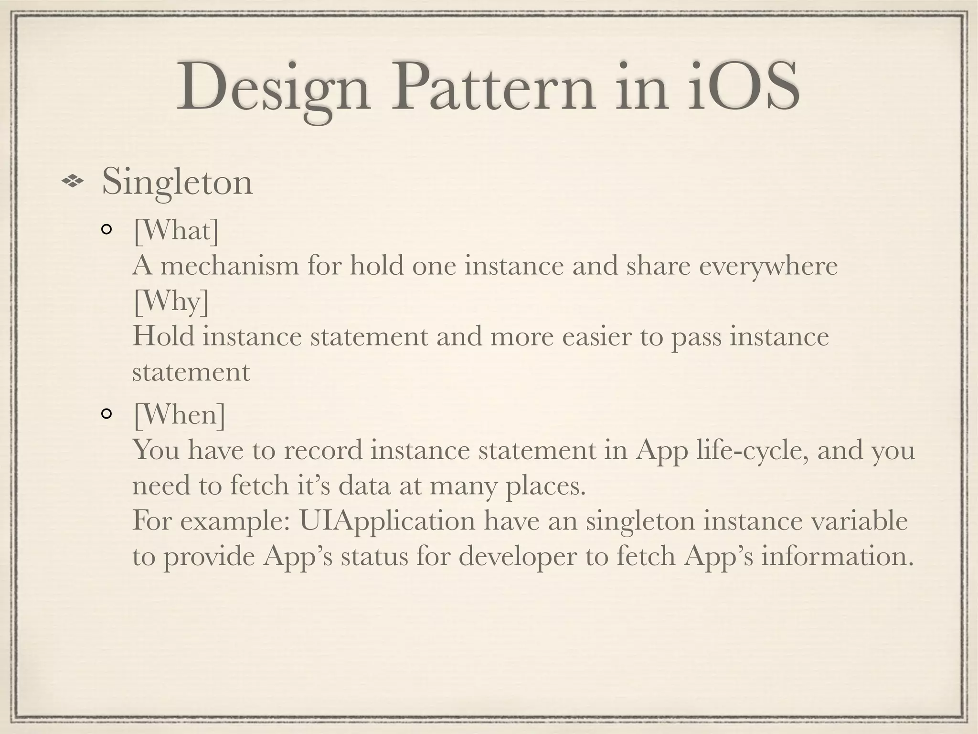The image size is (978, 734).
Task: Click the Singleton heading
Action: point(177,183)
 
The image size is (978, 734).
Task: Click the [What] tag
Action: point(176,231)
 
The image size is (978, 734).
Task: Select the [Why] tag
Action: point(171,302)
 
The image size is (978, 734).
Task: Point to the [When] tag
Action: point(179,414)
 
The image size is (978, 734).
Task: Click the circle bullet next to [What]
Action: point(106,231)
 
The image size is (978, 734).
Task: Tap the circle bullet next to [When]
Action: point(106,414)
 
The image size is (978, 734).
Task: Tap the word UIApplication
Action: point(387,521)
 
